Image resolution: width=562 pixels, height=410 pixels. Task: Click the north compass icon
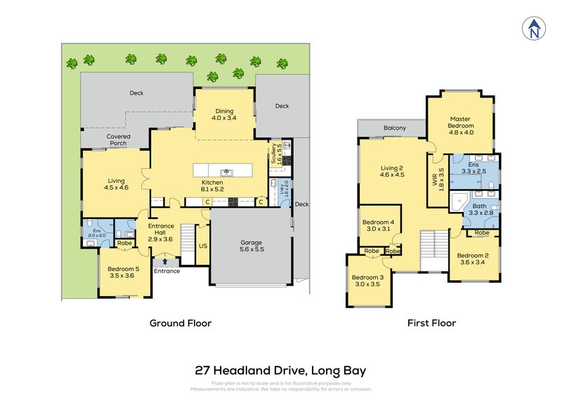[x=535, y=29]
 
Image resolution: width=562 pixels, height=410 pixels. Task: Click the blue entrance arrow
[x=165, y=261]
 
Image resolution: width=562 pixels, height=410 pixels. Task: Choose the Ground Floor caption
[x=180, y=324]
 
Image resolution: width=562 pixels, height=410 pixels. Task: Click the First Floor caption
[x=431, y=324]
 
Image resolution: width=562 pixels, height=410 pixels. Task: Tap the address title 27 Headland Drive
[x=280, y=370]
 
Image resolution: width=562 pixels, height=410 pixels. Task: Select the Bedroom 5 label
[x=124, y=272]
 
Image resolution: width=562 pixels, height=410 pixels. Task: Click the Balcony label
[x=395, y=128]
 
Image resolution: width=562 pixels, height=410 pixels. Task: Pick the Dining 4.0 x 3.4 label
[x=224, y=114]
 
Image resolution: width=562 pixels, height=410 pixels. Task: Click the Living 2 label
[x=392, y=171]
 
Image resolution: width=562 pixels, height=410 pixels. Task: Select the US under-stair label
[x=202, y=247]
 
